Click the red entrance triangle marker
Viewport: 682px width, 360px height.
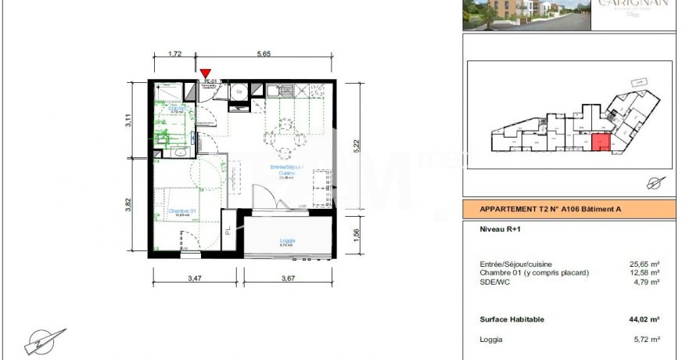point(206,74)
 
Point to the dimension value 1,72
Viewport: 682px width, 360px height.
point(176,54)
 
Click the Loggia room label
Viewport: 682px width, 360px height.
point(286,240)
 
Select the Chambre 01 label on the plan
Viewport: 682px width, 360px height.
point(181,211)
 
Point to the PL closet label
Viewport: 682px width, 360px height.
point(228,232)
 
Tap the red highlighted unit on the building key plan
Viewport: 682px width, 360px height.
point(601,143)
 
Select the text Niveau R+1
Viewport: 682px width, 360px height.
point(500,230)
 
